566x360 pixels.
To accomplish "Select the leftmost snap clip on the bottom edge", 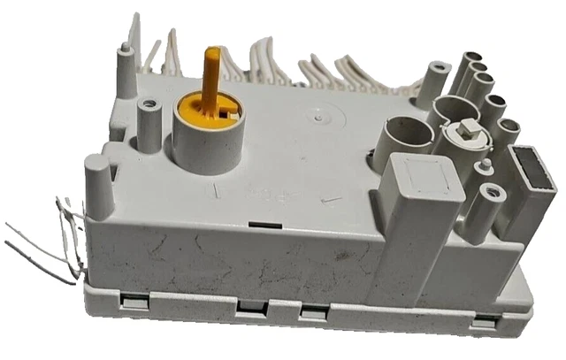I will (x=130, y=300).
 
